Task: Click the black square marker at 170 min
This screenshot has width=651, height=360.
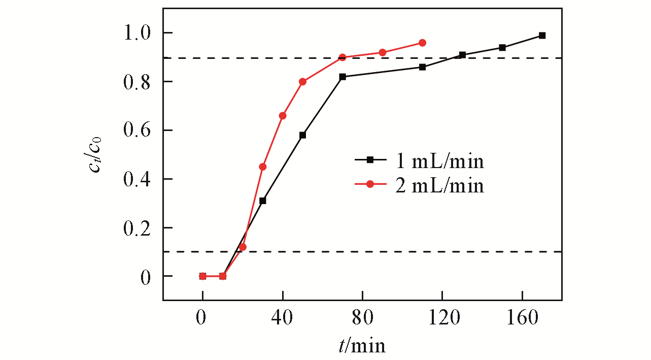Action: pyautogui.click(x=542, y=36)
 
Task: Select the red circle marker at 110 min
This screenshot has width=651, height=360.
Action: pyautogui.click(x=422, y=43)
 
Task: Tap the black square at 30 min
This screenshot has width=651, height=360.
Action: pyautogui.click(x=262, y=201)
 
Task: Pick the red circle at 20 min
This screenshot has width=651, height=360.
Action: pyautogui.click(x=243, y=247)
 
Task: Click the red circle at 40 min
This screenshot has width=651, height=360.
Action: pyautogui.click(x=283, y=116)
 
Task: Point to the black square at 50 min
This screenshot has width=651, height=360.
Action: pyautogui.click(x=302, y=135)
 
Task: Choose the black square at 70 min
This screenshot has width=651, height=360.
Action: pyautogui.click(x=342, y=77)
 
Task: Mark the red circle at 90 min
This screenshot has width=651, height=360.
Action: pyautogui.click(x=383, y=53)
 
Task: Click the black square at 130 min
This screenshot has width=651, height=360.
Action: pyautogui.click(x=462, y=55)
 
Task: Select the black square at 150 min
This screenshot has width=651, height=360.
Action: pyautogui.click(x=502, y=48)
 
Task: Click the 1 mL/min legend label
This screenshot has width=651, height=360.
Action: pyautogui.click(x=439, y=161)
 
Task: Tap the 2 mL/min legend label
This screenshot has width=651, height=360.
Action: pyautogui.click(x=439, y=186)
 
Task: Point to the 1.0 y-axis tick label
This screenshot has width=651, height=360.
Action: pyautogui.click(x=137, y=34)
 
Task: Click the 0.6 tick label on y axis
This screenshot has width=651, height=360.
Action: pyautogui.click(x=137, y=130)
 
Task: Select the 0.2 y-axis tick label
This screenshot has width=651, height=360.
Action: pyautogui.click(x=137, y=228)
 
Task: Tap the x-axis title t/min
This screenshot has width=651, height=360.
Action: pyautogui.click(x=362, y=346)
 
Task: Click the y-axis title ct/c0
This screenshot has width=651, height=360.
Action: pyautogui.click(x=98, y=155)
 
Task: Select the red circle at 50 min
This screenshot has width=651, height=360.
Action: pyautogui.click(x=303, y=82)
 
